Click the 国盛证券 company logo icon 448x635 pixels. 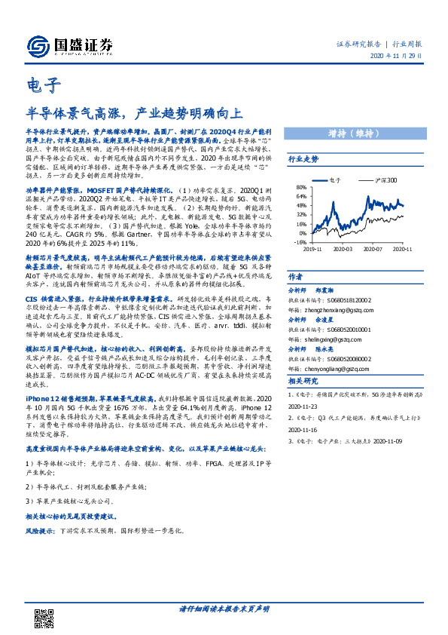[x=38, y=47]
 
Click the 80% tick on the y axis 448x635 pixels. [x=300, y=188]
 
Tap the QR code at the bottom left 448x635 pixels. [x=44, y=608]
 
